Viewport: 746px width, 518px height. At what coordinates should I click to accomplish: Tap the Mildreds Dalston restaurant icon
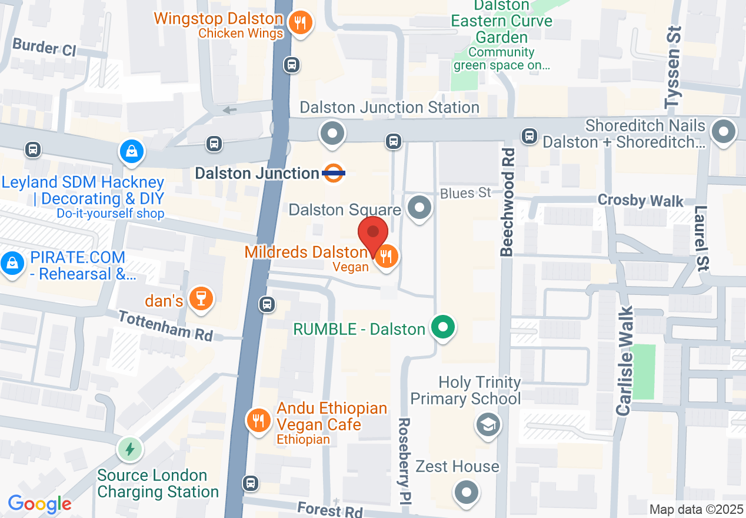pos(386,257)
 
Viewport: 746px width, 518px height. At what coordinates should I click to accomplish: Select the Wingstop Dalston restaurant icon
pos(301,23)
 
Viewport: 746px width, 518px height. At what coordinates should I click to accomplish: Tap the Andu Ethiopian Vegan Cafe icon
pos(258,420)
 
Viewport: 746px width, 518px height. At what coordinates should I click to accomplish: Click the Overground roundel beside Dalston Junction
pos(334,173)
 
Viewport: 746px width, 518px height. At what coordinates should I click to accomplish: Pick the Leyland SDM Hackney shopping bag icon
pos(133,151)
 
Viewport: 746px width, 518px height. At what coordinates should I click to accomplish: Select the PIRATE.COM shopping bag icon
pos(12,263)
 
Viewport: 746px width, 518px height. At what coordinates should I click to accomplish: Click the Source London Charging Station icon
pos(129,450)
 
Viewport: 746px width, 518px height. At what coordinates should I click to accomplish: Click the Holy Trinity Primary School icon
pos(488,423)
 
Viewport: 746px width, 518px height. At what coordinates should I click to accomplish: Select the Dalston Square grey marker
pos(419,208)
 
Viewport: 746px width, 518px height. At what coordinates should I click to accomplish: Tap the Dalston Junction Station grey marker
pos(332,133)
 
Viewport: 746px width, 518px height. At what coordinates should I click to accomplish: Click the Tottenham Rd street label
pos(165,326)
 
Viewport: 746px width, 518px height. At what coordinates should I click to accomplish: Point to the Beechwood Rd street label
pos(507,202)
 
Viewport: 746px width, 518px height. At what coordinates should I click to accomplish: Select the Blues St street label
pos(465,193)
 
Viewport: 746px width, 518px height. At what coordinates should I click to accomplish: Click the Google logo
pos(39,504)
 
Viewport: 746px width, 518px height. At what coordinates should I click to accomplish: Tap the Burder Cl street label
pos(44,47)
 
